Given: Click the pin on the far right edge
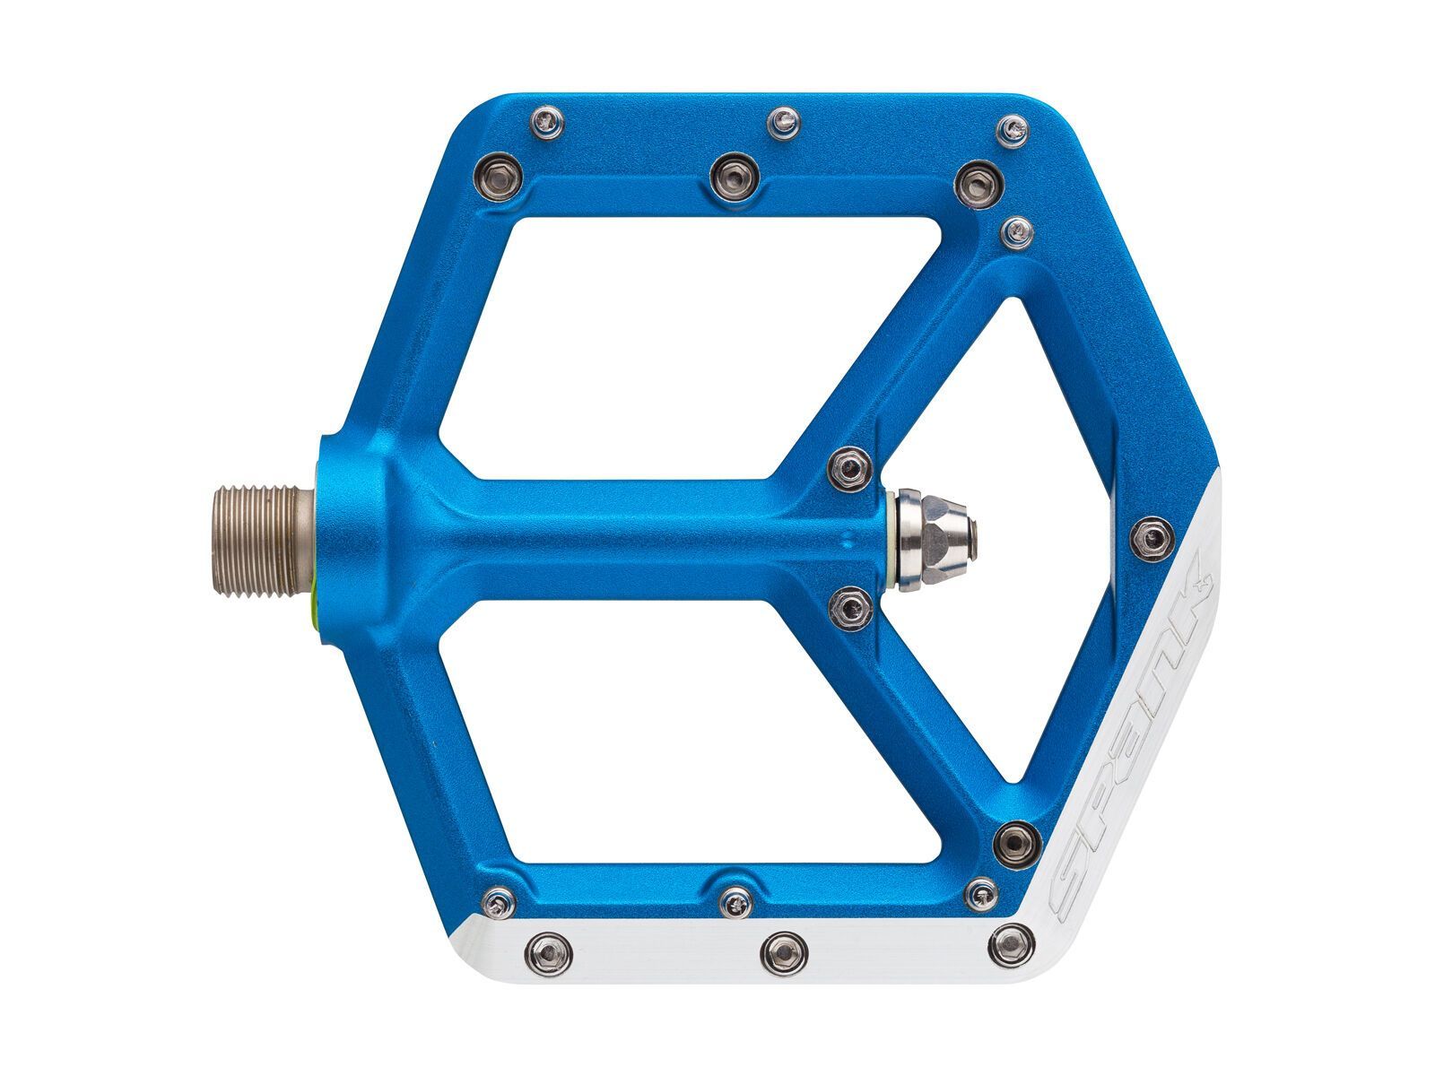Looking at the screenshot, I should [1152, 537].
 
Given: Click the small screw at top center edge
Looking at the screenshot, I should [784, 121].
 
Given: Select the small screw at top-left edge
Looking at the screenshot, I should [547, 122].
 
